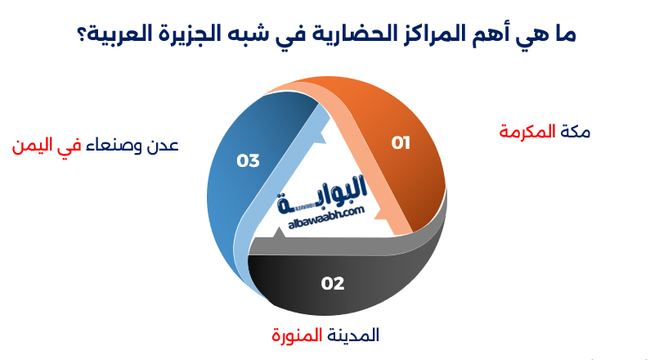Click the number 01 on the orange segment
coord(400,143)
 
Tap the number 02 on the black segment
coord(333,284)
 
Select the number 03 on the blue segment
coord(248,161)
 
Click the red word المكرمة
coord(527,132)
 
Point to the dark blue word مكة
coord(575,132)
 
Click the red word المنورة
coord(298,335)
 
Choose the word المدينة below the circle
coord(353,335)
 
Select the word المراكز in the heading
coord(449,35)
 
